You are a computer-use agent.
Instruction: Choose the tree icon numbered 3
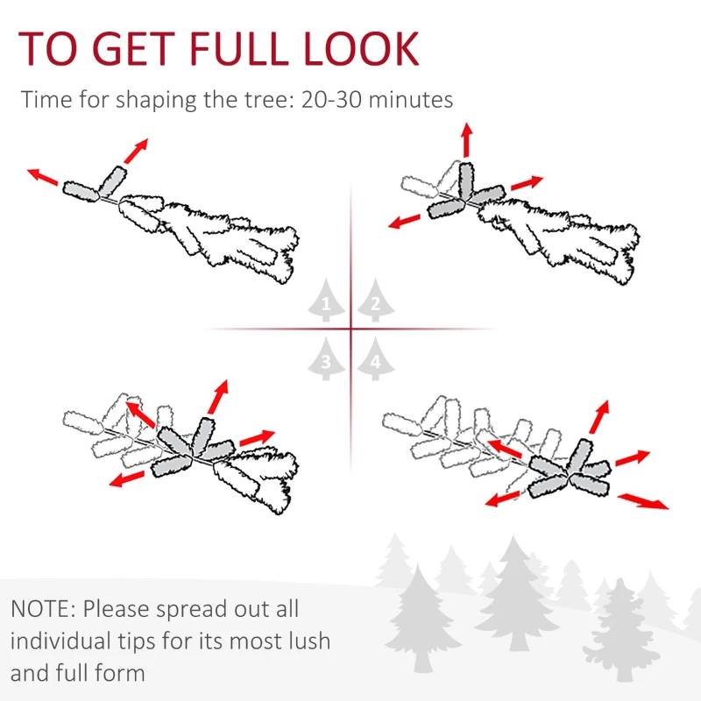[326, 358]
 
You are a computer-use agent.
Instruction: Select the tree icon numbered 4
[375, 358]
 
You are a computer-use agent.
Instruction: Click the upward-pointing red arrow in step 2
[466, 140]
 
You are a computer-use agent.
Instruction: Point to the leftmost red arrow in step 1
[42, 176]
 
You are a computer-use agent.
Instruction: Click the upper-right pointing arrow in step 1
[135, 151]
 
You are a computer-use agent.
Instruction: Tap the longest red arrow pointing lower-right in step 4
[642, 501]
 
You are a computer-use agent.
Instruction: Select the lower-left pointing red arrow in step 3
[128, 478]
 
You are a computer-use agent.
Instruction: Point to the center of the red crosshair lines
[350, 329]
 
